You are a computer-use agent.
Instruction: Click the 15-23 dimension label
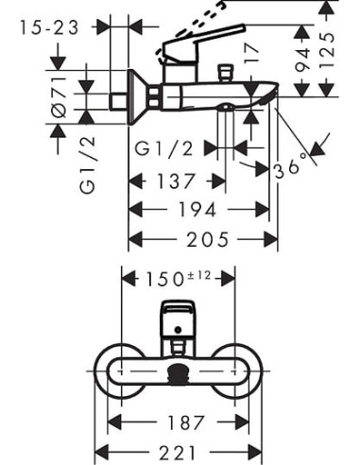coord(52,27)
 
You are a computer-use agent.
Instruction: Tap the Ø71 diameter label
coord(58,97)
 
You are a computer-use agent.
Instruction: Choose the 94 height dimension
coord(304,61)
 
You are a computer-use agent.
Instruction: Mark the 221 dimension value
coord(178,451)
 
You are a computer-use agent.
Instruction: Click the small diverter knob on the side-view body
coord(225,73)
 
